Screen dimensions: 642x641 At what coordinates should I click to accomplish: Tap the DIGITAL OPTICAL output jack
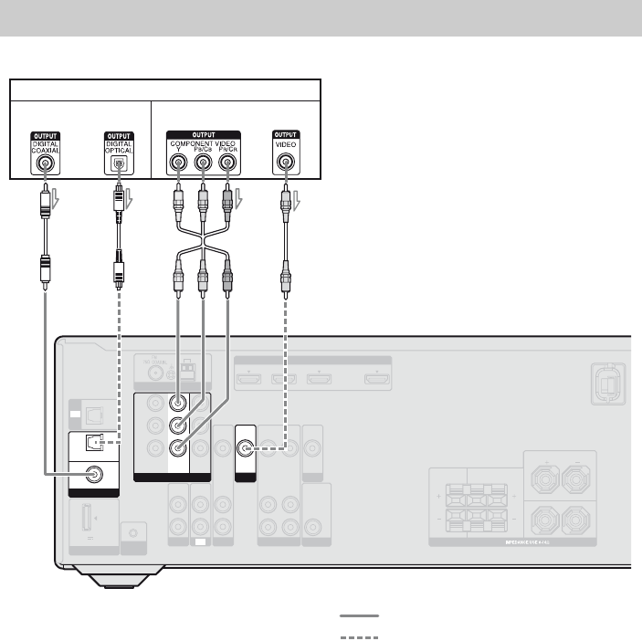click(x=116, y=165)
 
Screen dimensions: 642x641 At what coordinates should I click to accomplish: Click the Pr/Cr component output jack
click(x=226, y=165)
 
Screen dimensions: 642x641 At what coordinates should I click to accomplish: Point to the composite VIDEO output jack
click(x=286, y=165)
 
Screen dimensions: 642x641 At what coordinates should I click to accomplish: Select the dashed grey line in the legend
click(x=357, y=637)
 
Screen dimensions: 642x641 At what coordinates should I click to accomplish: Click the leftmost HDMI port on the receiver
click(x=246, y=377)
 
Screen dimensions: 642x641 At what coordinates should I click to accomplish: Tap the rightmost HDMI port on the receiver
click(x=374, y=377)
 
